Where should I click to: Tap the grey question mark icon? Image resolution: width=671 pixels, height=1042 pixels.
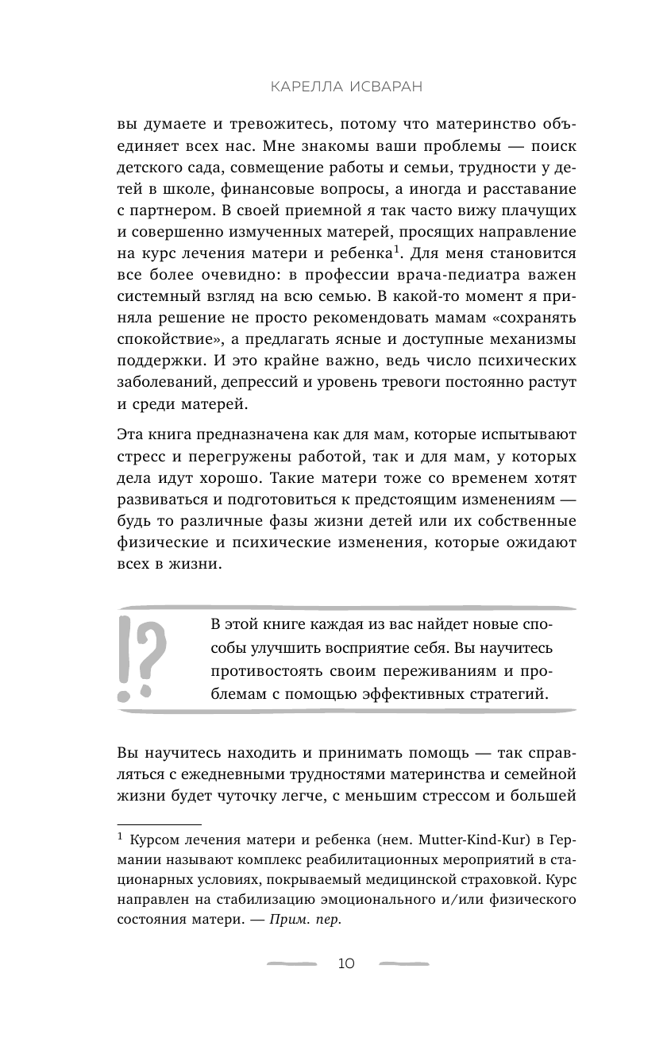pyautogui.click(x=155, y=648)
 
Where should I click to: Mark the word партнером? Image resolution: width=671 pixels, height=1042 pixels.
pyautogui.click(x=174, y=213)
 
